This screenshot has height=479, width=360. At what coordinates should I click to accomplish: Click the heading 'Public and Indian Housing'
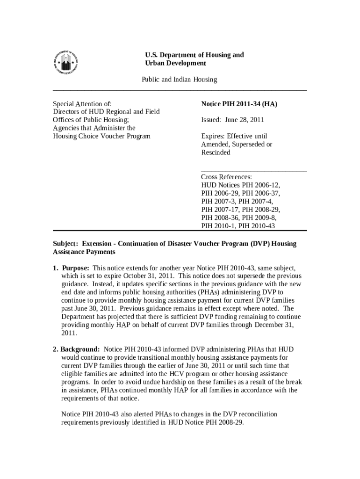[x=180, y=80]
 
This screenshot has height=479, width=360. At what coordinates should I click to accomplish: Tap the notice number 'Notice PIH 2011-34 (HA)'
[x=239, y=104]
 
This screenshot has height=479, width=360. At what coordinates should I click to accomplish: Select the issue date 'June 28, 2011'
[x=245, y=120]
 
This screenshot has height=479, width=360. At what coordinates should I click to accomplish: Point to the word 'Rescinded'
[x=216, y=152]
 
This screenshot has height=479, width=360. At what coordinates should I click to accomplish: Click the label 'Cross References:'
[x=227, y=177]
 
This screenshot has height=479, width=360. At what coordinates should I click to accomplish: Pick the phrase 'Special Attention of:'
[x=82, y=104]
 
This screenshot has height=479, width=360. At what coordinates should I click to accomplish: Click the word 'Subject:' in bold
[x=66, y=244]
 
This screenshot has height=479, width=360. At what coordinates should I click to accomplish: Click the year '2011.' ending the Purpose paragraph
[x=69, y=333]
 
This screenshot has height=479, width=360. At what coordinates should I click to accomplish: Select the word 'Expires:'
[x=214, y=136]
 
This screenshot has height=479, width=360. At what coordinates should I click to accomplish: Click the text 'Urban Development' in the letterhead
[x=175, y=63]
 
